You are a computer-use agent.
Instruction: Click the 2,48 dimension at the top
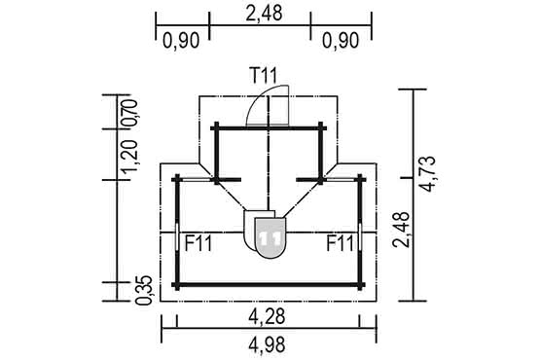click(x=264, y=13)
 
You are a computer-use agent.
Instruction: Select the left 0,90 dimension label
click(x=181, y=40)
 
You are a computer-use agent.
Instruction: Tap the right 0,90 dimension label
click(x=341, y=40)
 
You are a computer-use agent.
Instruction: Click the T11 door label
click(x=264, y=76)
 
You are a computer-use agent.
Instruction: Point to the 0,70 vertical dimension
click(x=128, y=112)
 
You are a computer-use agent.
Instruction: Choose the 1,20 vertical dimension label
click(x=131, y=156)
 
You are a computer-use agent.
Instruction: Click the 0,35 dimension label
click(x=144, y=290)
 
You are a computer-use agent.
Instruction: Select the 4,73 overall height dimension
click(x=427, y=173)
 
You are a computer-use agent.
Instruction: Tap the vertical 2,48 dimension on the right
click(x=402, y=230)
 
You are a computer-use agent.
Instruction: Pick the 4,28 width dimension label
click(x=267, y=316)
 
